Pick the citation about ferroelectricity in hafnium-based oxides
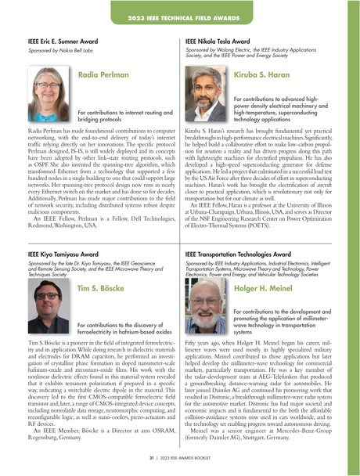click(119, 326)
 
